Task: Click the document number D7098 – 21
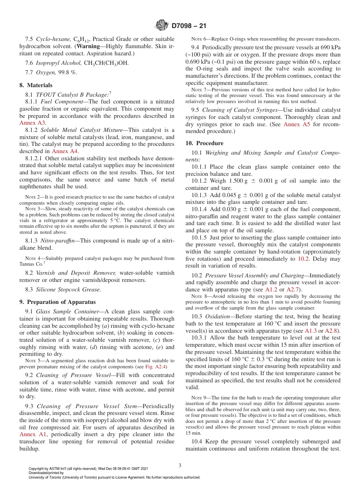189,26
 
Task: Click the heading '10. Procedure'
205,143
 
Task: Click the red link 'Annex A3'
33,123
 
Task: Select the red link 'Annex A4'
65,151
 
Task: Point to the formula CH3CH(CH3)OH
106,63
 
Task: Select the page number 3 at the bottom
180,465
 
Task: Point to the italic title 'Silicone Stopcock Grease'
68,290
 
